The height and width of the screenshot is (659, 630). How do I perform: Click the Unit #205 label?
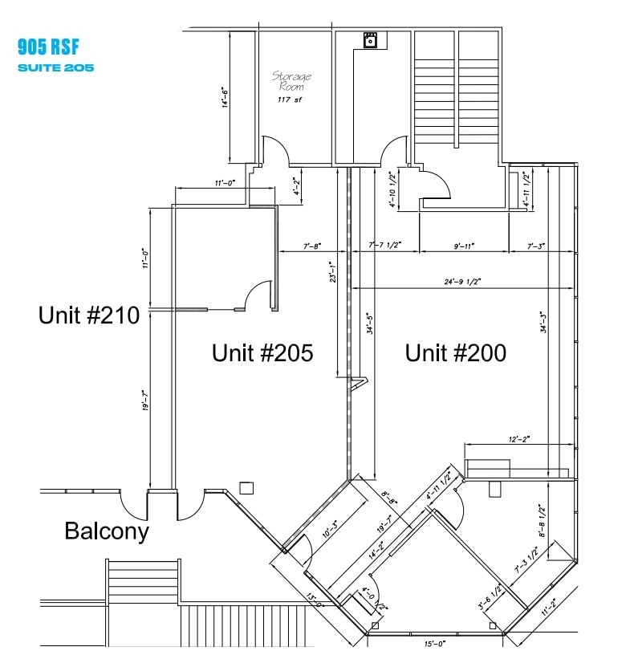pyautogui.click(x=262, y=353)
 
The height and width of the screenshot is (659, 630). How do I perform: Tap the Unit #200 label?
pyautogui.click(x=455, y=353)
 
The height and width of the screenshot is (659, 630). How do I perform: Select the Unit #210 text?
pyautogui.click(x=88, y=315)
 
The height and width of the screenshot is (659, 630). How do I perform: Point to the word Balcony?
pyautogui.click(x=107, y=531)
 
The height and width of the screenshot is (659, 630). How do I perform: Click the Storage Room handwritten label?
pyautogui.click(x=291, y=80)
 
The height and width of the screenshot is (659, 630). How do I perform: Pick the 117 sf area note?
pyautogui.click(x=289, y=100)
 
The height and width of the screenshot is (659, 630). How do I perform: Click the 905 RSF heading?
pyautogui.click(x=47, y=47)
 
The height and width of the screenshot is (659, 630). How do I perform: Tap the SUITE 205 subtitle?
pyautogui.click(x=55, y=67)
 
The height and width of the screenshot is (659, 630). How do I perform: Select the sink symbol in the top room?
pyautogui.click(x=371, y=40)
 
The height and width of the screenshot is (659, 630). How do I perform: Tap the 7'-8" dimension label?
pyautogui.click(x=312, y=246)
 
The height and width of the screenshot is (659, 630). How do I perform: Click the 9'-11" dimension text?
pyautogui.click(x=464, y=246)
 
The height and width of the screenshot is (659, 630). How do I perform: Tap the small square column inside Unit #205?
pyautogui.click(x=247, y=487)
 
